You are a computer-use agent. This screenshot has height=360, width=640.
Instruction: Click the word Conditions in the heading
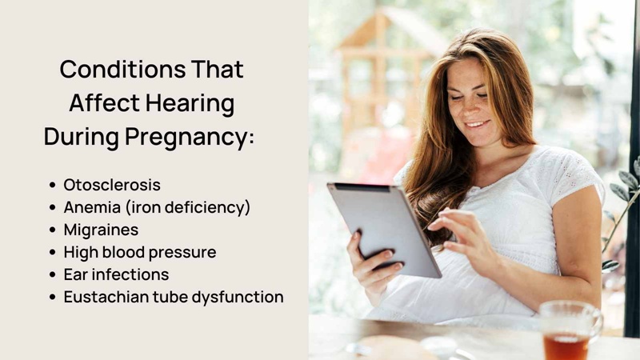pos(123,69)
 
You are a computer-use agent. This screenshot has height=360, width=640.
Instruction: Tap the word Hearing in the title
pos(190,102)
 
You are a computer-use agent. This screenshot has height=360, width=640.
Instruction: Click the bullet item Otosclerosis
pos(112,185)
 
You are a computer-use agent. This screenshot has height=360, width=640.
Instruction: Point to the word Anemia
pos(92,207)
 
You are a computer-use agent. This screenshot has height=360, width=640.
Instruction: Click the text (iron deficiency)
pos(188,207)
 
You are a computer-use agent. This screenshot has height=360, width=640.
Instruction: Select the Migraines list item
pos(101,230)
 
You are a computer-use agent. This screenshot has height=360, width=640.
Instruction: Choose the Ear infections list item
pos(116,274)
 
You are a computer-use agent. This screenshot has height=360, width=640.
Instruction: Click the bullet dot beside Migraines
pos(52,230)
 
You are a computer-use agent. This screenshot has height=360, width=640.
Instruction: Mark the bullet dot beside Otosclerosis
pos(52,186)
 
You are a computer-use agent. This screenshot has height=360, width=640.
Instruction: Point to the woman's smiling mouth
pos(478,124)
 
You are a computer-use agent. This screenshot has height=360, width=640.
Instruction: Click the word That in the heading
pos(217,69)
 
